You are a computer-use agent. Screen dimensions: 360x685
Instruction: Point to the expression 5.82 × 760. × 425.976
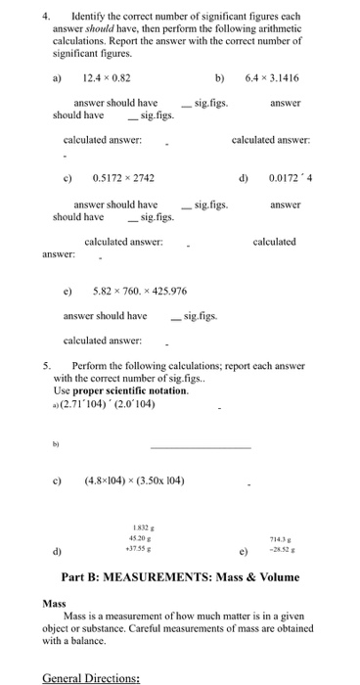[139, 291]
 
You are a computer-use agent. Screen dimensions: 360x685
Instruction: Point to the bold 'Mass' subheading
[54, 604]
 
